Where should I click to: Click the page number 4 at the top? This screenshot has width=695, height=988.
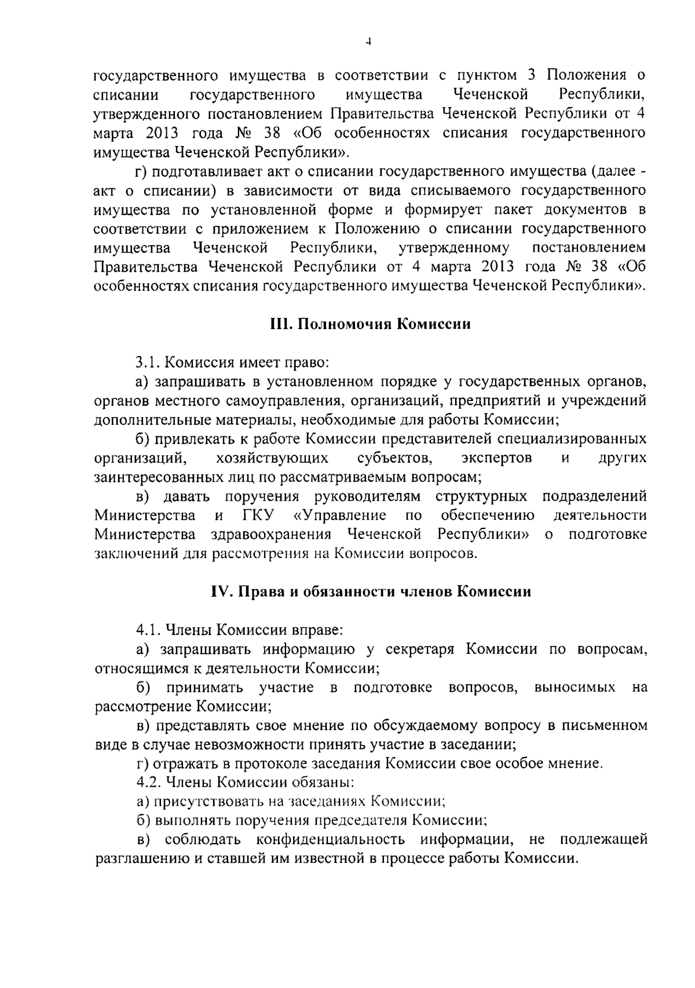click(x=369, y=41)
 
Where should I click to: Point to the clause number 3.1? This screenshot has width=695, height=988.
click(x=148, y=363)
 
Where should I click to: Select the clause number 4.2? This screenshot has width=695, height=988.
click(x=149, y=782)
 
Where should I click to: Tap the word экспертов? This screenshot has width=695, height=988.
click(x=497, y=458)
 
